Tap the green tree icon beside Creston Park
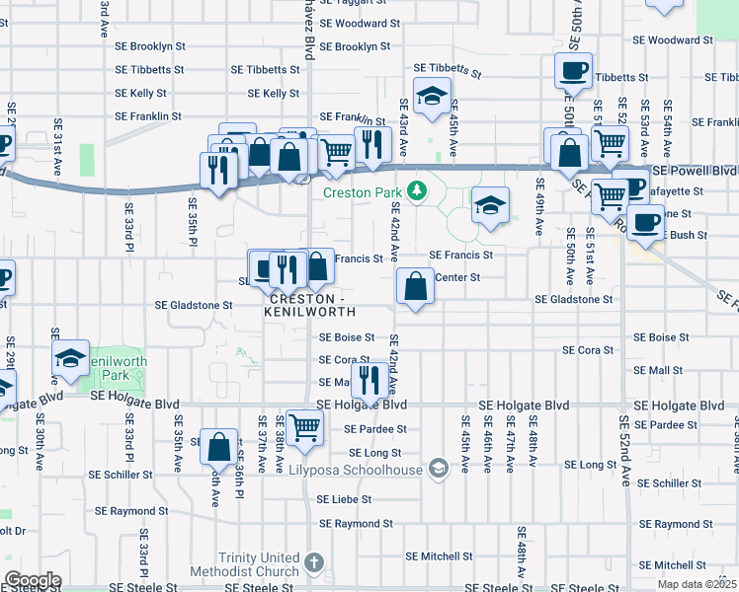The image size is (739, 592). coord(417,189)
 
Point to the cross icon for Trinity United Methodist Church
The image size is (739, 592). coord(313,563)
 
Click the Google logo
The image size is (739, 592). coord(33,580)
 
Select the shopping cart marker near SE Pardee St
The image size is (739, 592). coord(305,427)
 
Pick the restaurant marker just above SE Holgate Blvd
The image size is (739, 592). coord(369,378)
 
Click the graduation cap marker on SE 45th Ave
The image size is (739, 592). coord(432,97)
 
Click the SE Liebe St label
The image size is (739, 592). coord(343,500)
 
